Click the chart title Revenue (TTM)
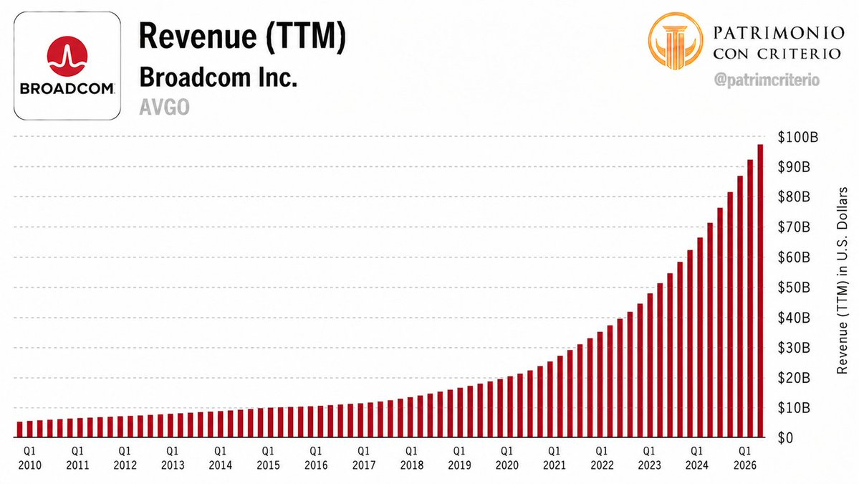pyautogui.click(x=242, y=37)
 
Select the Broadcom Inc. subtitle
pyautogui.click(x=218, y=77)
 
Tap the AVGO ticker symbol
pyautogui.click(x=164, y=107)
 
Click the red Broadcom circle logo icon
pyautogui.click(x=67, y=56)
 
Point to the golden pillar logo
pyautogui.click(x=675, y=41)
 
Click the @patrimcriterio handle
pyautogui.click(x=767, y=80)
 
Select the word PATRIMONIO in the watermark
pyautogui.click(x=779, y=33)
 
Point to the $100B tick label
pyautogui.click(x=797, y=137)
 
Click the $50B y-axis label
pyautogui.click(x=794, y=288)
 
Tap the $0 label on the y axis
pyautogui.click(x=785, y=437)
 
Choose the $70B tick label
pyautogui.click(x=794, y=227)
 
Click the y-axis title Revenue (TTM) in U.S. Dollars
pyautogui.click(x=842, y=280)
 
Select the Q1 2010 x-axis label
pyautogui.click(x=29, y=457)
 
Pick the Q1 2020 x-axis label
pyautogui.click(x=507, y=457)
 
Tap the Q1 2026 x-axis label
pyautogui.click(x=745, y=457)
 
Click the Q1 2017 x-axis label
pyautogui.click(x=364, y=457)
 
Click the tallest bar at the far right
pyautogui.click(x=760, y=290)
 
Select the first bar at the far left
pyautogui.click(x=20, y=430)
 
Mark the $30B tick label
pyautogui.click(x=794, y=348)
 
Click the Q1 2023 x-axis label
pyautogui.click(x=649, y=457)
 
